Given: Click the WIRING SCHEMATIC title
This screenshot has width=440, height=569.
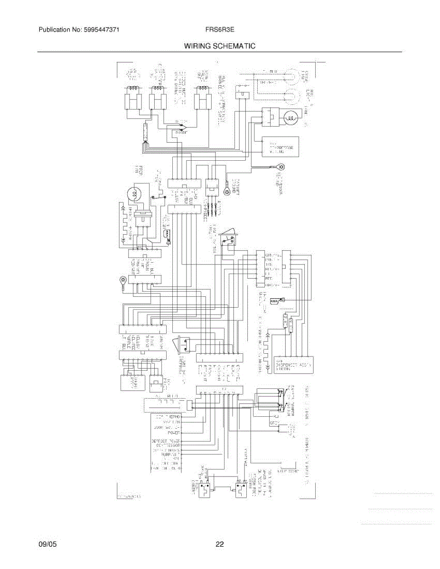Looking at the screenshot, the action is (x=220, y=46).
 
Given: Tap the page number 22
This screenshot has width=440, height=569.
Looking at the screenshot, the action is (x=220, y=544).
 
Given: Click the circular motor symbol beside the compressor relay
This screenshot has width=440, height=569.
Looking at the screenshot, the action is (x=291, y=117).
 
